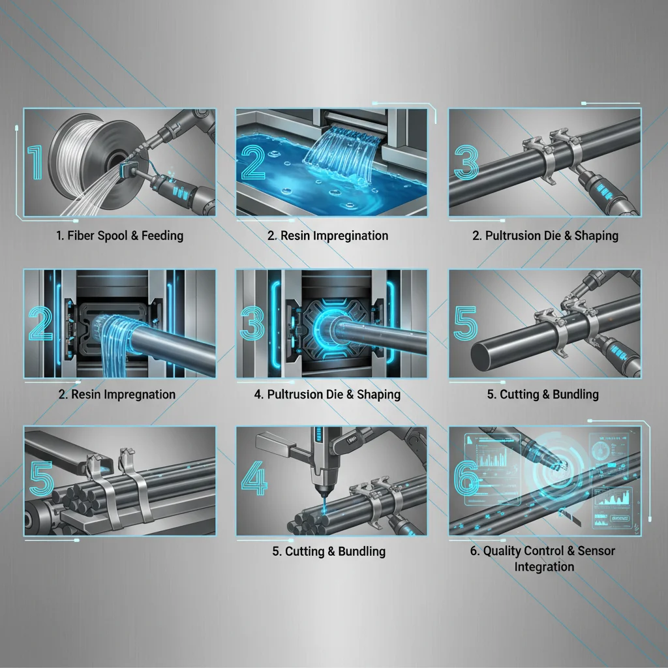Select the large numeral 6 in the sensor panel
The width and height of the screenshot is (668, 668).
click(x=466, y=479)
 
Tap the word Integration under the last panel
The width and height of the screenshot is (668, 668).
click(x=544, y=566)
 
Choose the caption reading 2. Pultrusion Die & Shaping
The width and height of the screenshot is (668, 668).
click(x=545, y=235)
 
